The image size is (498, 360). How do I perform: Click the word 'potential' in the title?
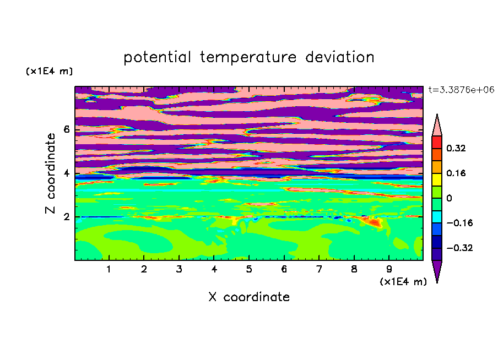(157, 58)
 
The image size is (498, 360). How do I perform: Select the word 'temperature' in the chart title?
(248, 57)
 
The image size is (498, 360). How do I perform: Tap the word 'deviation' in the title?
(339, 57)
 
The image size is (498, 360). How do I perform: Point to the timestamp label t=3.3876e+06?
(461, 90)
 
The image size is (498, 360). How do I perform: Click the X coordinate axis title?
(249, 297)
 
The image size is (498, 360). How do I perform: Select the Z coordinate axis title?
(50, 173)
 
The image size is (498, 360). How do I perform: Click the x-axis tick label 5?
(249, 269)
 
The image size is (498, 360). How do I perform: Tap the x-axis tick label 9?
(389, 269)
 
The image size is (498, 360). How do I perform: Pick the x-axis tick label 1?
(109, 269)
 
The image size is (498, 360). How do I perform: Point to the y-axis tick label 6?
(66, 129)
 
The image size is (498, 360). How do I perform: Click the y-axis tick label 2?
(66, 217)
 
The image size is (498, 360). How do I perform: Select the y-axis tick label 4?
(66, 173)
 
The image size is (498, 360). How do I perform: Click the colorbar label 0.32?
(456, 148)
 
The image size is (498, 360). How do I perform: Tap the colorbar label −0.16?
(459, 223)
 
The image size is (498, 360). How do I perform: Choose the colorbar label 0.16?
(456, 173)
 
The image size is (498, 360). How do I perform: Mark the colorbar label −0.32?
(459, 248)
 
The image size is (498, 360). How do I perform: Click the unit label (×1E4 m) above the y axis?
(49, 71)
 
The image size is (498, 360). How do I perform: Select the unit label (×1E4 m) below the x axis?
(403, 282)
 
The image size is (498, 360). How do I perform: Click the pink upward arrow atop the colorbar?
(437, 126)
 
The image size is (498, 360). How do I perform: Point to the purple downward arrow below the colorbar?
(437, 270)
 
